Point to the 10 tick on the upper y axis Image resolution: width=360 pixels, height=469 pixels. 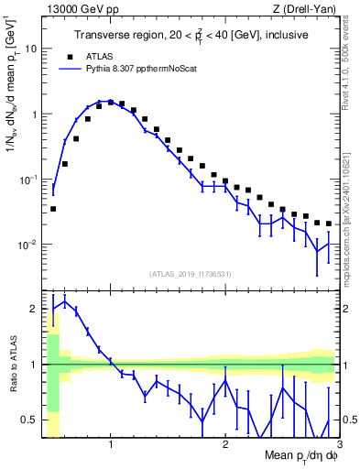[32, 49]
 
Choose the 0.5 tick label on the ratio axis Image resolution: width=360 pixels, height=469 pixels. [30, 420]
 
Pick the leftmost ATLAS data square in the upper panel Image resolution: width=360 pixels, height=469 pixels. [53, 209]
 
